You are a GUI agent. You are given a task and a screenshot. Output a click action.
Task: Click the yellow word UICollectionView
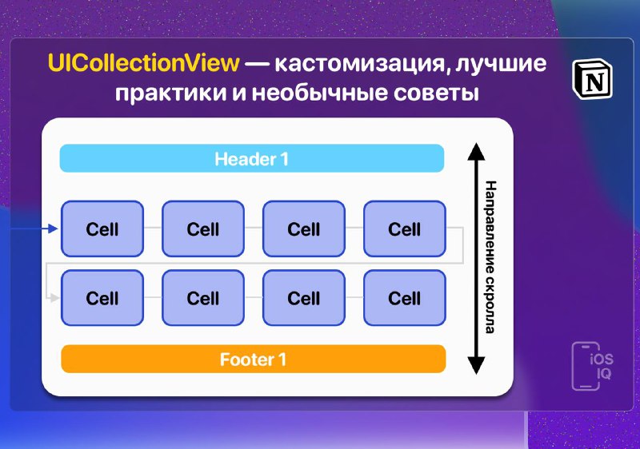(x=143, y=63)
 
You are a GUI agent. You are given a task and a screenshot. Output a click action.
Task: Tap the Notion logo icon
(x=592, y=79)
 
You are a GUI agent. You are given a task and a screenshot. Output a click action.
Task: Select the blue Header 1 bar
(x=252, y=158)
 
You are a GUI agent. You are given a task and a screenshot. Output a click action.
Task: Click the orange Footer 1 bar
(x=253, y=359)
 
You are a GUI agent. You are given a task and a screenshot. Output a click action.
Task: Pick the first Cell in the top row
(x=102, y=228)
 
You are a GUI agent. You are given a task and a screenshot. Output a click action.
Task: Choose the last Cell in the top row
(x=405, y=228)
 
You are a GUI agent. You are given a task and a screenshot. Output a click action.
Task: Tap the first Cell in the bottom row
(x=102, y=298)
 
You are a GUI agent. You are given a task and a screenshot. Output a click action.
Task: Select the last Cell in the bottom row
(x=405, y=298)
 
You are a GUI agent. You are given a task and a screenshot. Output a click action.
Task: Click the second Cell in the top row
(x=203, y=228)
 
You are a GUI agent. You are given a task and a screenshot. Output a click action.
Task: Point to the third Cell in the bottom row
(x=304, y=298)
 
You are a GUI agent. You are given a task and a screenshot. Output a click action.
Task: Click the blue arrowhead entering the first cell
(x=53, y=228)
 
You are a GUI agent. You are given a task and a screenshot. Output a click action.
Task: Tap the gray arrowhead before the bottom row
(x=54, y=298)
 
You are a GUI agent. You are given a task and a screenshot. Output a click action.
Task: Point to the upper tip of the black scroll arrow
(x=476, y=143)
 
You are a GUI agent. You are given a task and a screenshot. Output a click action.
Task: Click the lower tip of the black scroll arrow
(x=476, y=374)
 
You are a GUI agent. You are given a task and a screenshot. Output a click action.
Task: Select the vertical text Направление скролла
(x=490, y=257)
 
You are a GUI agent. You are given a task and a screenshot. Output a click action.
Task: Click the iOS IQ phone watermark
(x=592, y=366)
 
